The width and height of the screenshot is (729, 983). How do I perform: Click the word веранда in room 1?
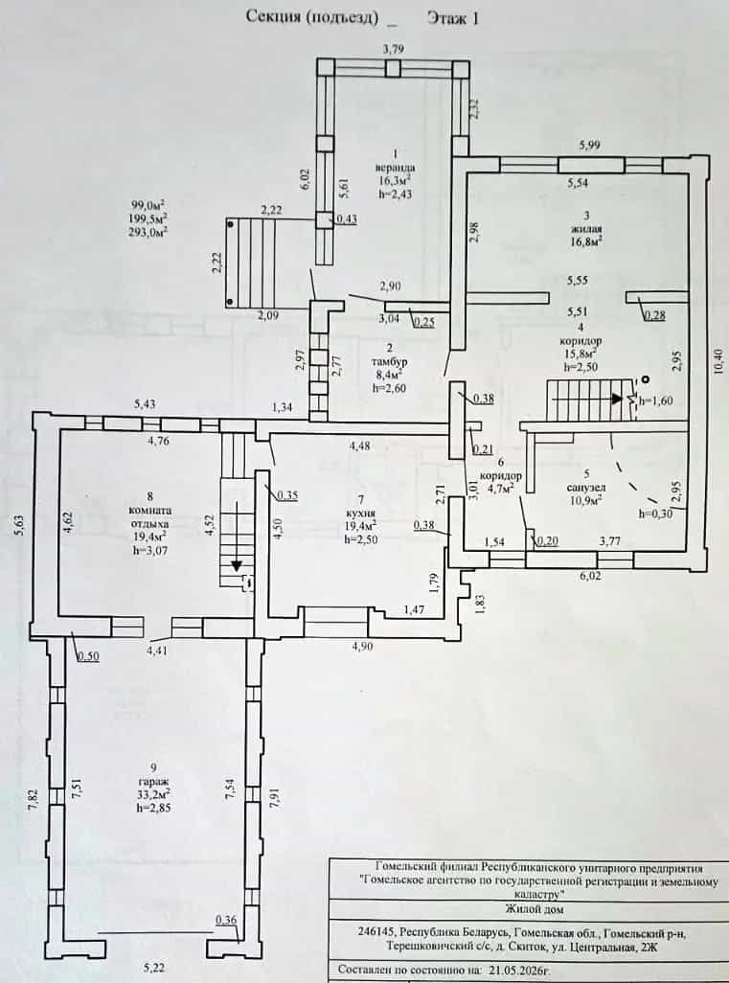395,168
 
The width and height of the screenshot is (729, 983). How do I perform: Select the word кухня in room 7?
360,514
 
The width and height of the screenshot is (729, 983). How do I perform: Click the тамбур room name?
389,362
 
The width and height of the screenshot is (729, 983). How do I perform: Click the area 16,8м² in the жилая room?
586,239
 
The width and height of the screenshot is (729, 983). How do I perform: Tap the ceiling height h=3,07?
151,550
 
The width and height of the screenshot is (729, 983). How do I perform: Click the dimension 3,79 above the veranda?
393,49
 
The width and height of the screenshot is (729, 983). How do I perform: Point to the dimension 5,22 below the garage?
153,968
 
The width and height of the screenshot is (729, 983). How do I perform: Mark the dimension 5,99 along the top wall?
589,146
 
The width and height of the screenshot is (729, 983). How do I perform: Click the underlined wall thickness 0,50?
88,655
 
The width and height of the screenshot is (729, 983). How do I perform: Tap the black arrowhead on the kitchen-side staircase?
237,565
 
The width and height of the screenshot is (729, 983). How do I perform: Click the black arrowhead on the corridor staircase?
618,399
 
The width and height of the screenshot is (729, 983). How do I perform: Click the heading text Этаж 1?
453,18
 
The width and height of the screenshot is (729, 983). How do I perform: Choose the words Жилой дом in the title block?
534,908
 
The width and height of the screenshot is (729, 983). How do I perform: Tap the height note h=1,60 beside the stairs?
655,400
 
